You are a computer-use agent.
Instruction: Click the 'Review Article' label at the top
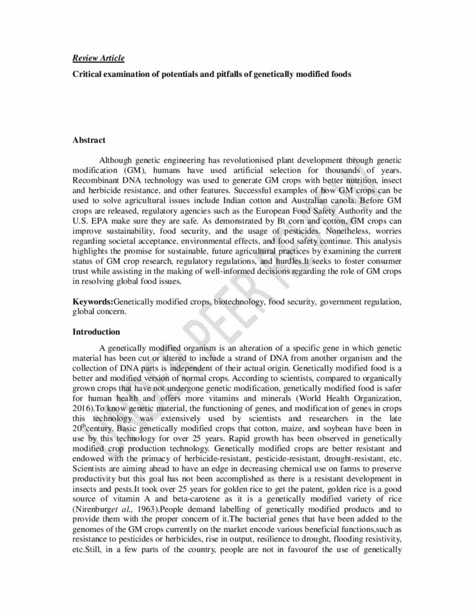pos(98,58)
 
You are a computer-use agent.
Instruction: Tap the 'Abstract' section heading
pos(89,140)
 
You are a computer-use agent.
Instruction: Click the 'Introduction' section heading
pos(96,332)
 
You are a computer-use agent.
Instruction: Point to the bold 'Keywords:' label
pos(92,301)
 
